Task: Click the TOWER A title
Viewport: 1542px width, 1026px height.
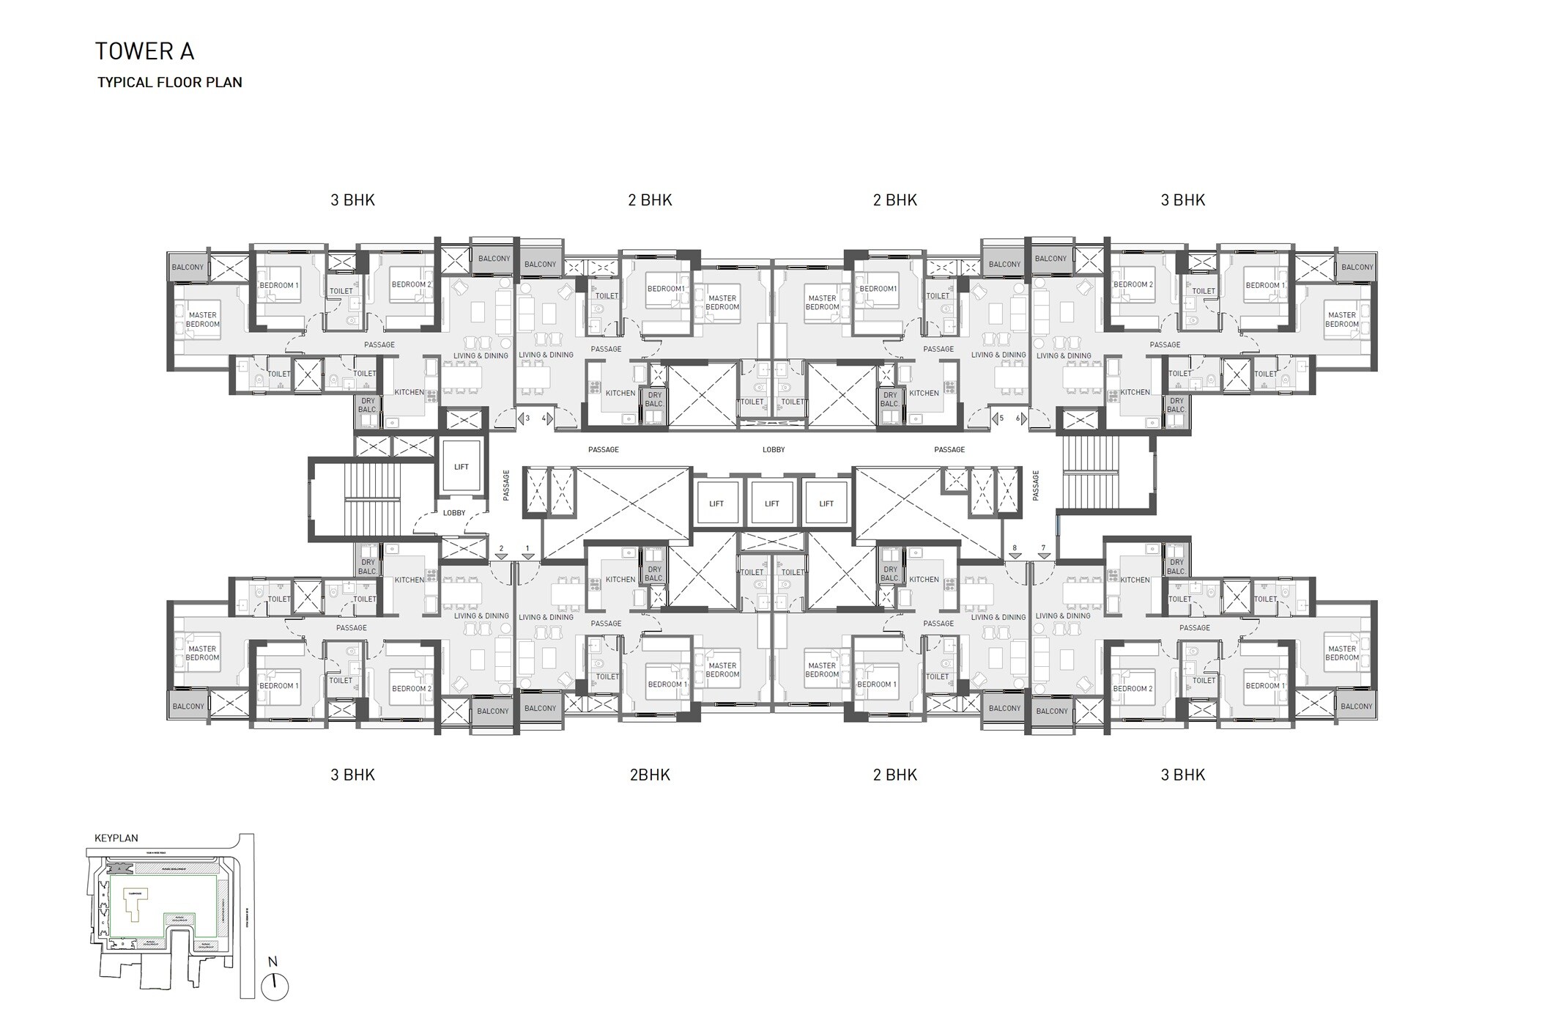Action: click(x=144, y=51)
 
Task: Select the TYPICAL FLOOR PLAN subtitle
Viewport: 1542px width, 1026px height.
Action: click(x=170, y=82)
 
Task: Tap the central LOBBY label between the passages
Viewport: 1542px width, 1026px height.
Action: click(x=773, y=449)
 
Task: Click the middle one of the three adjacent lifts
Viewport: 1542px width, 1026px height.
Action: click(x=771, y=503)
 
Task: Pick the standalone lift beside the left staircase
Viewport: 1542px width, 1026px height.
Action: click(x=461, y=467)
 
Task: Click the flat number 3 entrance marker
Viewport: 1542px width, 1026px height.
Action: click(x=524, y=418)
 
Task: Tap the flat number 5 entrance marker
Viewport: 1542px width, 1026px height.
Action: click(x=998, y=418)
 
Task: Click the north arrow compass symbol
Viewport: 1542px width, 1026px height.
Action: click(x=275, y=986)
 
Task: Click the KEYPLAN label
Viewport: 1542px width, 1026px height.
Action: click(x=116, y=838)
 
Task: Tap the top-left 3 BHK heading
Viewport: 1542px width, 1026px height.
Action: click(x=352, y=200)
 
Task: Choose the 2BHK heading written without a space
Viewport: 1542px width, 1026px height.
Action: click(x=650, y=775)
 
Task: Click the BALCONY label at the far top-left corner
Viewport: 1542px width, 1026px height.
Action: click(x=188, y=267)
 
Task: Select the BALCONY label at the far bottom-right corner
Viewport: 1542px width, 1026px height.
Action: click(x=1356, y=706)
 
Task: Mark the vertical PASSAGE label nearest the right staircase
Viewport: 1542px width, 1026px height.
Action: click(x=1036, y=485)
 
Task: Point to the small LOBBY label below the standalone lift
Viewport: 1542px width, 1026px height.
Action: click(x=453, y=513)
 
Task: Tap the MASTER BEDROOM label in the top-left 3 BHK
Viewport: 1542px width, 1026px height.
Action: click(x=202, y=320)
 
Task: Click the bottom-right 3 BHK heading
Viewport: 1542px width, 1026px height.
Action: click(x=1182, y=775)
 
